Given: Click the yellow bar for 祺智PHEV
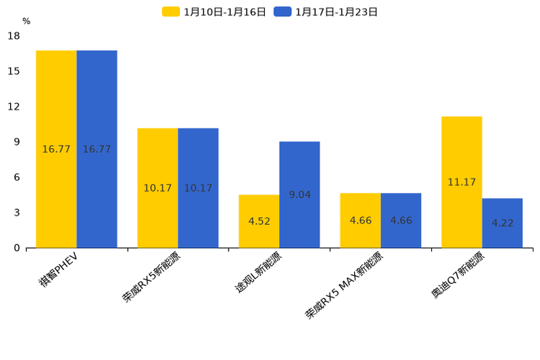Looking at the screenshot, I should [57, 149].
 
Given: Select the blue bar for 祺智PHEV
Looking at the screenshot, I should [97, 149].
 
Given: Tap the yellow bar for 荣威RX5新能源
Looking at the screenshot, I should [157, 188].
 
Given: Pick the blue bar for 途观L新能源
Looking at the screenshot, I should [299, 195].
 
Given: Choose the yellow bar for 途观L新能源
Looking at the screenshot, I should [259, 221].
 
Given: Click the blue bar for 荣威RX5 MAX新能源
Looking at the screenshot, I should [401, 221].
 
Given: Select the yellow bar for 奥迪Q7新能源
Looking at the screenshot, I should [462, 182].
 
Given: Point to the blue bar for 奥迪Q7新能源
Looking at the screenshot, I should [502, 223].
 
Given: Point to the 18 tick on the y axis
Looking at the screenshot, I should [14, 36].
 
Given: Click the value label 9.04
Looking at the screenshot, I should [299, 195].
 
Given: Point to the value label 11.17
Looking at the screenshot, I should [462, 182].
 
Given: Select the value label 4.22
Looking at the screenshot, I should [502, 223].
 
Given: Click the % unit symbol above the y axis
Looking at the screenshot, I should [26, 22].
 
